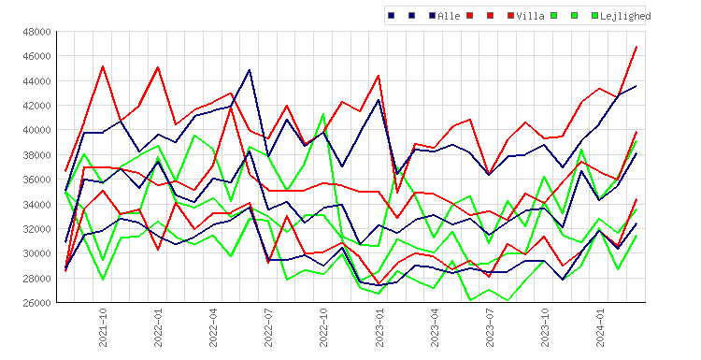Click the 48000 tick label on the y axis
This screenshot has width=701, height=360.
[x=36, y=32]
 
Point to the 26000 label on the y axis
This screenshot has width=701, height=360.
[x=36, y=303]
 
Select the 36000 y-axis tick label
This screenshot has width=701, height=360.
[x=36, y=180]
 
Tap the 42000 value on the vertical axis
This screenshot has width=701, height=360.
[x=36, y=106]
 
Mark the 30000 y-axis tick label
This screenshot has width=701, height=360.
[x=36, y=253]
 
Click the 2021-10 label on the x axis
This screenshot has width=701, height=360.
[x=103, y=327]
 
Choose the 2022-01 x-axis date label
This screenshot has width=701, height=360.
[x=158, y=327]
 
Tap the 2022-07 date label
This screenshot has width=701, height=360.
[x=268, y=327]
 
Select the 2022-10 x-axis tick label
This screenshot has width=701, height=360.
[x=323, y=327]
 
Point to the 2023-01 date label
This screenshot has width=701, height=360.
[x=379, y=327]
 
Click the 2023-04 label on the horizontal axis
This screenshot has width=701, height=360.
[x=434, y=327]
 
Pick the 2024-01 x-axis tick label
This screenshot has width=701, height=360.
[x=600, y=327]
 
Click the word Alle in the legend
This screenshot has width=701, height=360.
[x=449, y=16]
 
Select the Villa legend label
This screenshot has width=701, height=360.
[x=530, y=16]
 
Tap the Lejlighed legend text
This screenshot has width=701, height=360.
[x=625, y=16]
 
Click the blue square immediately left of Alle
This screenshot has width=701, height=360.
[x=433, y=16]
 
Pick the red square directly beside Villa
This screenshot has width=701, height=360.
[x=510, y=16]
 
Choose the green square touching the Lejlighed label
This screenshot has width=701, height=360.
[x=594, y=16]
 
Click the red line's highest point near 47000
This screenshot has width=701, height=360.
[x=637, y=47]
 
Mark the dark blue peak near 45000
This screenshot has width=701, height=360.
[x=250, y=70]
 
